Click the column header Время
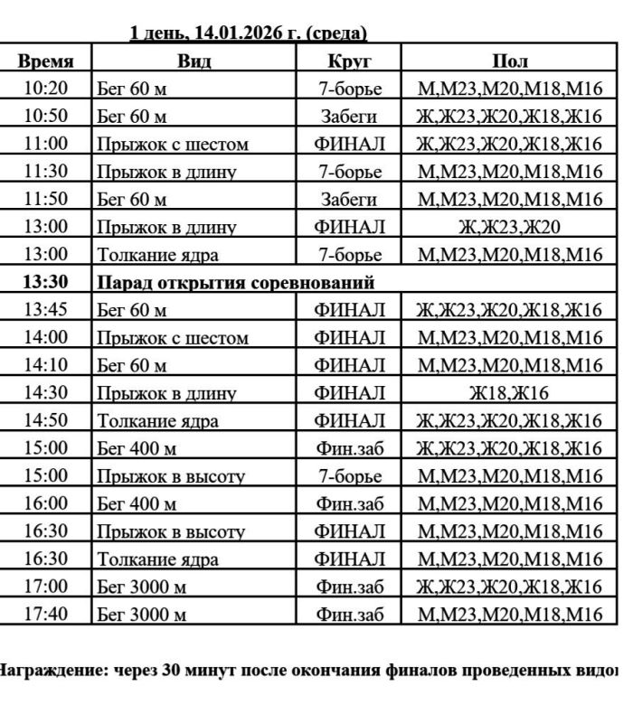click(45, 61)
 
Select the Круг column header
click(349, 61)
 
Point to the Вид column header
click(194, 61)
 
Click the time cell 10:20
click(45, 89)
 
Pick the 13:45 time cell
click(45, 310)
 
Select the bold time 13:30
click(45, 282)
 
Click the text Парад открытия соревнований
click(235, 282)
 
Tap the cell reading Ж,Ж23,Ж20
click(509, 227)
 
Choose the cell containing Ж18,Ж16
click(509, 393)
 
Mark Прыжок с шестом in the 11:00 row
click(172, 144)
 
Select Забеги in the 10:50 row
click(349, 117)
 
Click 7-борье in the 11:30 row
click(349, 172)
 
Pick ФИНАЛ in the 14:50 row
click(349, 420)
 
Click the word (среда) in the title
click(336, 33)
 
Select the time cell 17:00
click(45, 587)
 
